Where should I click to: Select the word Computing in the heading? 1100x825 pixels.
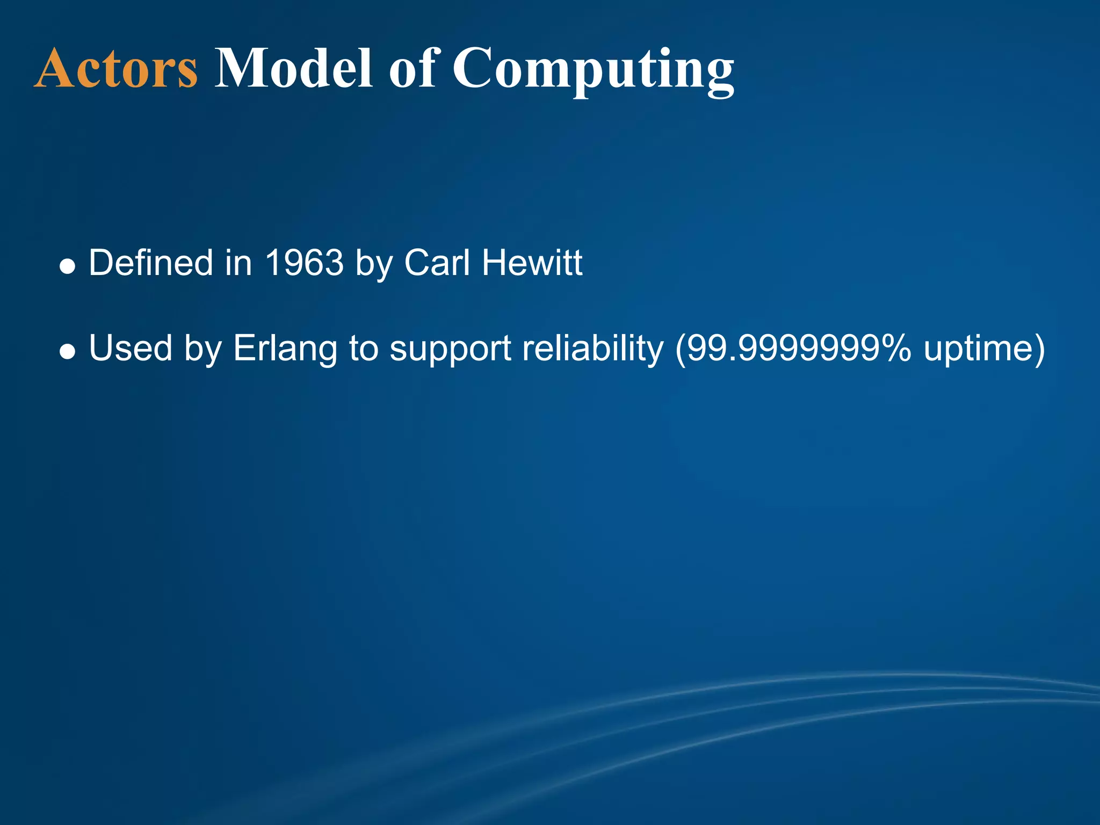[x=593, y=70]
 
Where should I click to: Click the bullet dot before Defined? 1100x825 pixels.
[x=67, y=266]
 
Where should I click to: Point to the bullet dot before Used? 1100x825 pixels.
[x=67, y=352]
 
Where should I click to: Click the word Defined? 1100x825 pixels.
[x=151, y=263]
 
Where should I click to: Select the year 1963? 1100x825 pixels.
[x=304, y=263]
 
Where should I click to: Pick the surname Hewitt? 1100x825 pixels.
[x=532, y=263]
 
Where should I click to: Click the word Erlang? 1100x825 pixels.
[x=285, y=349]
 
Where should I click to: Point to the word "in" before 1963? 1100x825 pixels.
[x=238, y=263]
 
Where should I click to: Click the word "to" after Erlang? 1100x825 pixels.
[x=363, y=349]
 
